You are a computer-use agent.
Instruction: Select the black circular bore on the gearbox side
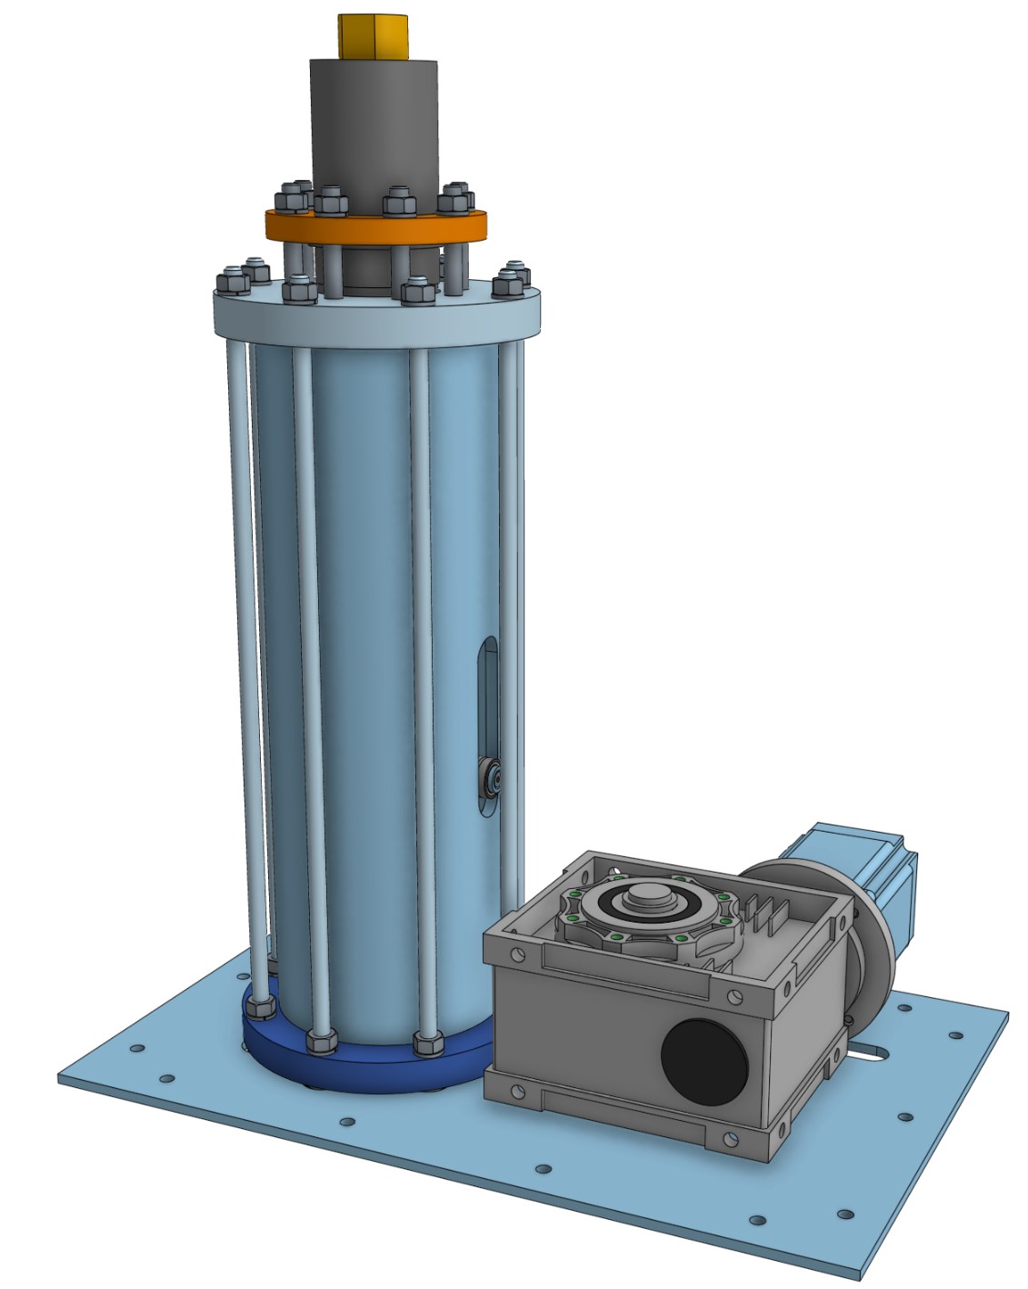click(704, 1062)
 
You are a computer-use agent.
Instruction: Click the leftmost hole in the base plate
click(136, 1048)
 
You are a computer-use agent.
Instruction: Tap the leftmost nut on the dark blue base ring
click(259, 1007)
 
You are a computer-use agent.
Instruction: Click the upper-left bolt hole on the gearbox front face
click(517, 955)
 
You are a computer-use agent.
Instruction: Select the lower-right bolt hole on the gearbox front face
click(731, 1137)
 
